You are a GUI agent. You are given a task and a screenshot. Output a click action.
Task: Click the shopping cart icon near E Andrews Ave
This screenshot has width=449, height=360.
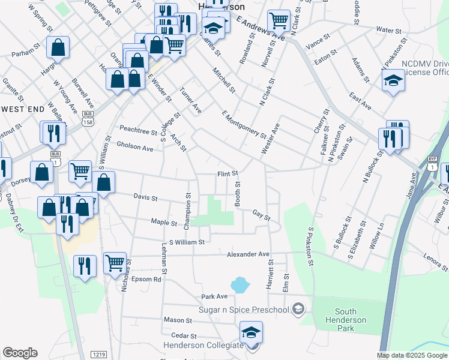pyautogui.click(x=279, y=20)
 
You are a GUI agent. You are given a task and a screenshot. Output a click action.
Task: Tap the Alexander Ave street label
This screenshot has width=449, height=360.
pyautogui.click(x=248, y=254)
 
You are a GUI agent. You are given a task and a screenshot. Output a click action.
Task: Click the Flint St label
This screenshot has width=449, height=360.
pyautogui.click(x=228, y=174)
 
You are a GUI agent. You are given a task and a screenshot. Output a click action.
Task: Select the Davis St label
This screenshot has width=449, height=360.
pyautogui.click(x=145, y=197)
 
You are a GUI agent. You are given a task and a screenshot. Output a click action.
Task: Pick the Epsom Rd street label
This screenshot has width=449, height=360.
pyautogui.click(x=149, y=279)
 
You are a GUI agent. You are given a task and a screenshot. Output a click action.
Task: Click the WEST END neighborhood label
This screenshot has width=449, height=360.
pyautogui.click(x=23, y=109)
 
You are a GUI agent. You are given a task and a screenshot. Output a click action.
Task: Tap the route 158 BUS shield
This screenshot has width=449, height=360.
pyautogui.click(x=88, y=117)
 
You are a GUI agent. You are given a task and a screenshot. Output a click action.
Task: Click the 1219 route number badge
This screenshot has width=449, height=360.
pyautogui.click(x=99, y=355)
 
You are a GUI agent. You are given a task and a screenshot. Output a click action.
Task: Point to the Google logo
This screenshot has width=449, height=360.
pyautogui.click(x=20, y=353)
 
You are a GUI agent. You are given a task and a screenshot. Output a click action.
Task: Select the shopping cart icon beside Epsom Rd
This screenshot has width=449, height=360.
pyautogui.click(x=115, y=262)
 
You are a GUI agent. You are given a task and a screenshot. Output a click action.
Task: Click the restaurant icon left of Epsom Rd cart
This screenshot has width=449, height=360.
pyautogui.click(x=85, y=265)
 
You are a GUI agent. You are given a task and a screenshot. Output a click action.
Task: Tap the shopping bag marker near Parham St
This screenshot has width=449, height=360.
pyautogui.click(x=58, y=47)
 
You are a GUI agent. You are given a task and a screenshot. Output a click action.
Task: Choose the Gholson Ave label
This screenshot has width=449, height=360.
pyautogui.click(x=135, y=146)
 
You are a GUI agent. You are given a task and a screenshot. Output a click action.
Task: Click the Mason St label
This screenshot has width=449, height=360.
pyautogui.click(x=177, y=320)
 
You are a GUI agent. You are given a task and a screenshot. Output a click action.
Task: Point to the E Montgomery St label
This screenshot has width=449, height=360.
pyautogui.click(x=243, y=124)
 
